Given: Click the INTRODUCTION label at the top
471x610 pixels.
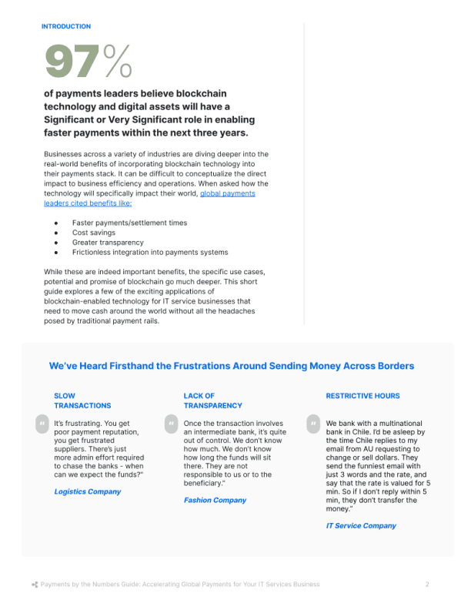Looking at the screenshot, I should coord(66,27).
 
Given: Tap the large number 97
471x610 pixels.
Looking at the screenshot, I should coord(72,61).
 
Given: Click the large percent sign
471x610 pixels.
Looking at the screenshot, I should coord(118,61).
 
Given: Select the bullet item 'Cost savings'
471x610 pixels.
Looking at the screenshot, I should coord(94,233).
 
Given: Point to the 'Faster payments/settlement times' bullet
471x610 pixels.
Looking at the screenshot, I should coord(129,223).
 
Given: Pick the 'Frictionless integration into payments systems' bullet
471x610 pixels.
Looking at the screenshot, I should coord(150,253).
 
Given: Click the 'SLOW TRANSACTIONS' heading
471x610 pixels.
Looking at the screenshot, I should coord(82,401).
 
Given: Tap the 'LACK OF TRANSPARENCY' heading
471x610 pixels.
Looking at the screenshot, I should coord(212,401).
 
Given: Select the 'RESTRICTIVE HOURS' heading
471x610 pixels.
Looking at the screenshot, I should coord(362,396).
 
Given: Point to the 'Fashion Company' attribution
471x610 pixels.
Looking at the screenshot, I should coord(215,501).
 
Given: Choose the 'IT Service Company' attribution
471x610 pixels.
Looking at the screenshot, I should coord(361,526).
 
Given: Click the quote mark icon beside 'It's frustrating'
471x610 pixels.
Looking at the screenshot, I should coord(41,424).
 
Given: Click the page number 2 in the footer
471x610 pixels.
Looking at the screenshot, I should coord(427,585).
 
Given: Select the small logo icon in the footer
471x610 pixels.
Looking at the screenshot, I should coord(35,585).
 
